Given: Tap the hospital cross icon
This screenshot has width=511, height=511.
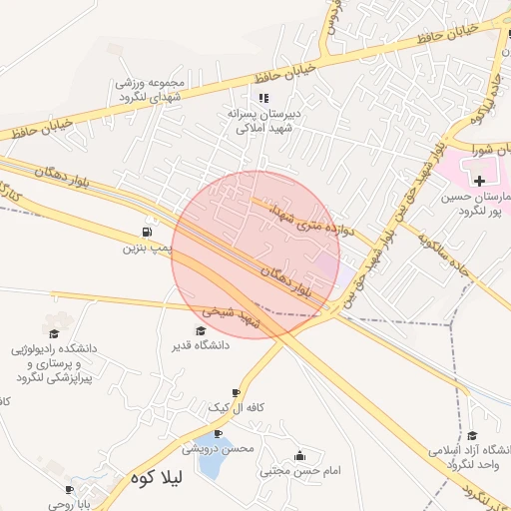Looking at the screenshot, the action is (x=480, y=181).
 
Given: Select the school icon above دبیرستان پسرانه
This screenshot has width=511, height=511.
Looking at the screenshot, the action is (x=263, y=98).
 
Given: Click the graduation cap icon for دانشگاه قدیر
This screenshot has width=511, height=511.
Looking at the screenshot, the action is (x=201, y=330).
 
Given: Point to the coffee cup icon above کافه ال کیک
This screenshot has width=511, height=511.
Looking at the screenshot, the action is (x=236, y=393).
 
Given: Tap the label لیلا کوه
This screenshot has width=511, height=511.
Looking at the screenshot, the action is (x=154, y=479).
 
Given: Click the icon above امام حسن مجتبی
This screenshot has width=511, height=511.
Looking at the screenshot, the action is (x=299, y=455).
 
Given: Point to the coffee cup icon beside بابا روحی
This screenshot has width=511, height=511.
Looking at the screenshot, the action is (x=70, y=489).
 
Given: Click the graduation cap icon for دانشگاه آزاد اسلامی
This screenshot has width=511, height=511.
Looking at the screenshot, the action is (x=471, y=435).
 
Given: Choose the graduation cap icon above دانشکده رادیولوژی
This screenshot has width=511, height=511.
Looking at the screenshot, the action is (x=54, y=333).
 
